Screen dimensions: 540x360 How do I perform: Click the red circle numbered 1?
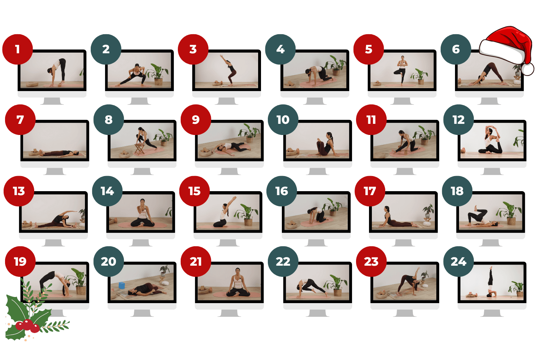pos(18,49)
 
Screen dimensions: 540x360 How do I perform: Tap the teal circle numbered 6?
pos(456,49)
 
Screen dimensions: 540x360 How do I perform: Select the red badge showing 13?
pos(19,191)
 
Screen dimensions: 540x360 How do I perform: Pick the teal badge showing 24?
pos(459,262)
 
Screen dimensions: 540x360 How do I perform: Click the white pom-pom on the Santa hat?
pos(527,69)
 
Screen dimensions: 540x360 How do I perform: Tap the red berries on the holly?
pos(27,325)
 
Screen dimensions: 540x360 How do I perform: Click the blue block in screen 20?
pos(122,285)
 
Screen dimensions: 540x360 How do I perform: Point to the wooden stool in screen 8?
pos(139,149)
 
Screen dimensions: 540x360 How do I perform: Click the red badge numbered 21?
pos(196,262)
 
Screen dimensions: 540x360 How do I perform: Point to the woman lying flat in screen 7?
pos(59,153)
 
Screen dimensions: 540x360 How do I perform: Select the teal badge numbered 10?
pos(283,120)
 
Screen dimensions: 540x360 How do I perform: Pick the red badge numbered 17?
pos(370,191)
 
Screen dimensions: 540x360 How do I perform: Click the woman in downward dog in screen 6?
pos(485,73)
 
